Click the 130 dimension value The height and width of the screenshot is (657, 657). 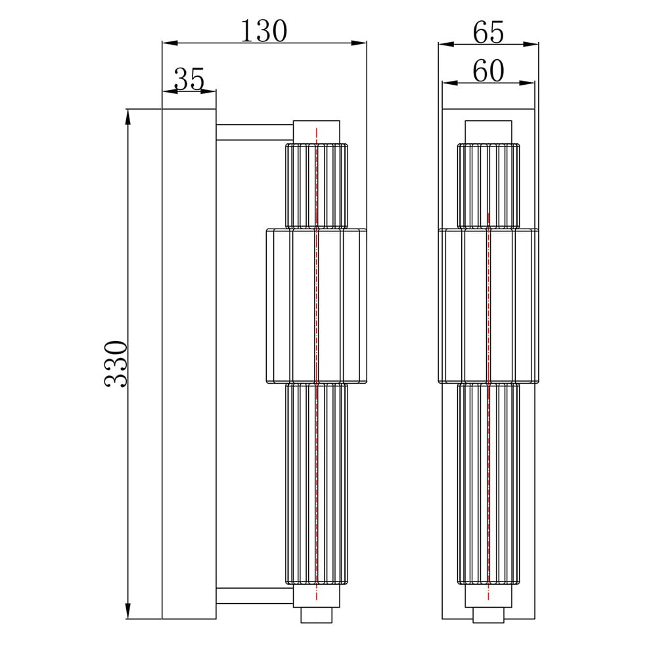tap(264, 31)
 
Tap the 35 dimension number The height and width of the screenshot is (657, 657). tap(189, 79)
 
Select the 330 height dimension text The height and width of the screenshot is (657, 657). tap(115, 364)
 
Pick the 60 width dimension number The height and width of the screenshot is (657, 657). tap(488, 70)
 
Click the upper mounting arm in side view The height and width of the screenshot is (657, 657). tap(254, 133)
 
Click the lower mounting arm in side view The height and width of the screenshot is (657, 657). tap(254, 596)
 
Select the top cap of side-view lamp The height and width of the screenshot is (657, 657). tap(317, 132)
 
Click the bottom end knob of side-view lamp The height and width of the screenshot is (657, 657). tap(317, 615)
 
